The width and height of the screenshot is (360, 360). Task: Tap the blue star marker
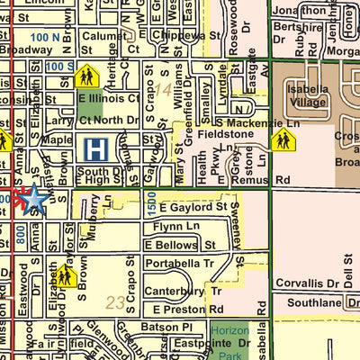coord(33,198)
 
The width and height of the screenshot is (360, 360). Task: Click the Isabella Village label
coord(312,95)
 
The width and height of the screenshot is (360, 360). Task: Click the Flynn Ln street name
coord(170,227)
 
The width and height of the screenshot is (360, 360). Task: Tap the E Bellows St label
coord(179,245)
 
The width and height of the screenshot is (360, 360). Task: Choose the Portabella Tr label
coord(182,263)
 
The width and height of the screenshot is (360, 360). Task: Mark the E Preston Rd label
coord(174,310)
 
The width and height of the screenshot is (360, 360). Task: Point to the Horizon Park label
coord(235,337)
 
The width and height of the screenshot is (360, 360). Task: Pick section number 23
coord(114,302)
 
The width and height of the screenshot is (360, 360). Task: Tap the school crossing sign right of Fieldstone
coord(283,139)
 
